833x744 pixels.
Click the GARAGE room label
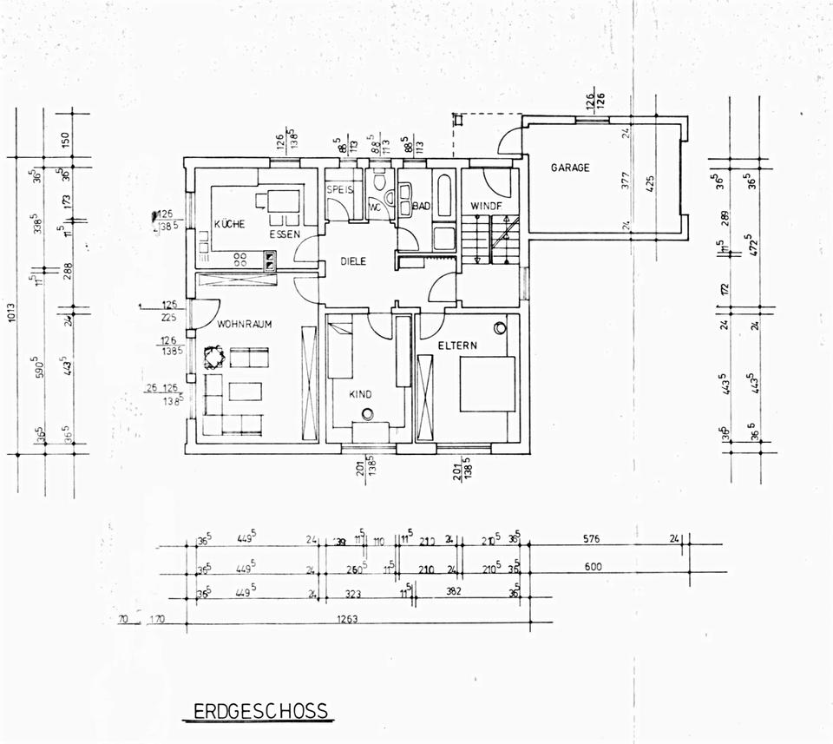[x=570, y=168]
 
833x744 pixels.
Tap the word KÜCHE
[x=229, y=225]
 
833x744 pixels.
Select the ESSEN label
[x=284, y=234]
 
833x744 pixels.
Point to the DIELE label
[x=353, y=260]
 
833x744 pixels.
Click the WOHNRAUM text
[x=246, y=324]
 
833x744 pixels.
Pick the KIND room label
[x=360, y=394]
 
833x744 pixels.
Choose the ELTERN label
[x=457, y=346]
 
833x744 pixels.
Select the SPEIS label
[x=338, y=188]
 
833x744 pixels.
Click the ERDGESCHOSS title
[x=260, y=712]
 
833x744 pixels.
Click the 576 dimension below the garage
[x=592, y=539]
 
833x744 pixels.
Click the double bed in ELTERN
[x=486, y=383]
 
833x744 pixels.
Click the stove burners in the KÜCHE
[x=243, y=257]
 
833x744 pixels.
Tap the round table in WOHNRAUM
[x=213, y=356]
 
